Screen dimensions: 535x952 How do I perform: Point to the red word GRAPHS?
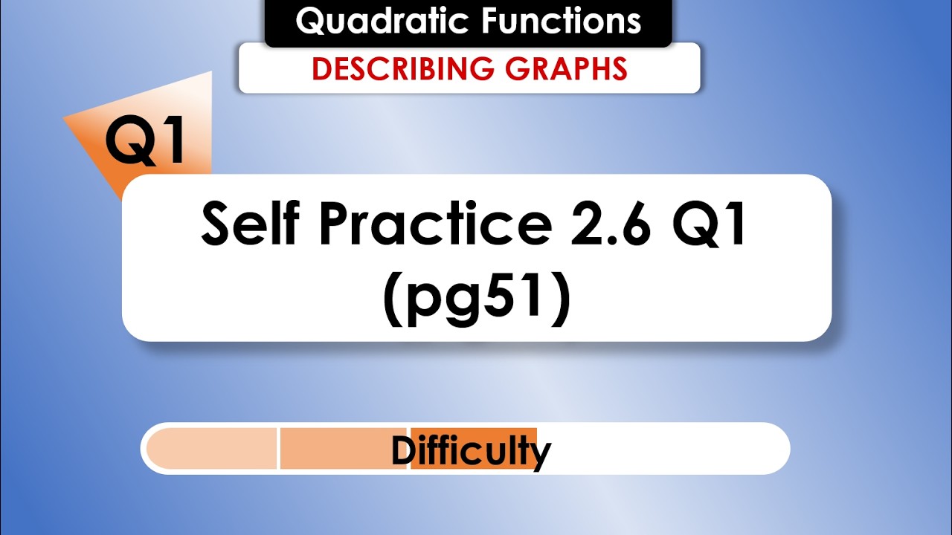(x=566, y=68)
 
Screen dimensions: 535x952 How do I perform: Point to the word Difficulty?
(x=471, y=450)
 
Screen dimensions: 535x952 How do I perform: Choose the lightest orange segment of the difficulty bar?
(x=212, y=448)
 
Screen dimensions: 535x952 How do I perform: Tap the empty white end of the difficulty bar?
(x=662, y=448)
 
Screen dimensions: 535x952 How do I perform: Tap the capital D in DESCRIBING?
(x=321, y=68)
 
